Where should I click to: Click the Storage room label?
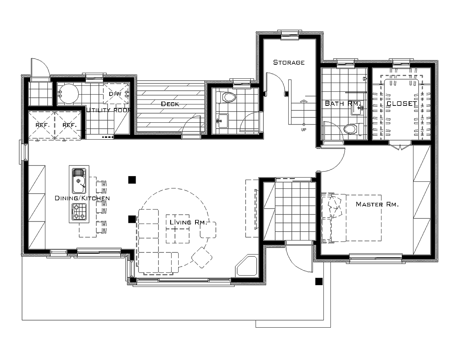tap(289, 62)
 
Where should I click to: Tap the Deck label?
tap(170, 104)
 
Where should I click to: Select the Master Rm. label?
tap(377, 204)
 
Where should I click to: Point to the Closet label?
tap(402, 103)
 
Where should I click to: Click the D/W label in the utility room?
tap(115, 94)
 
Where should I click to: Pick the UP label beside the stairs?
tap(304, 130)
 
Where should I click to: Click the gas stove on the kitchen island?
tap(79, 212)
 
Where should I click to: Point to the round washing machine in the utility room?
tap(68, 94)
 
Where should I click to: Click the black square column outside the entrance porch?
tap(319, 281)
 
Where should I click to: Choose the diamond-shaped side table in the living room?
tap(202, 257)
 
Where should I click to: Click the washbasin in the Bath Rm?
tap(357, 110)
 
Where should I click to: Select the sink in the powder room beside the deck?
tap(223, 121)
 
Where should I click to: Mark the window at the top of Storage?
tap(290, 34)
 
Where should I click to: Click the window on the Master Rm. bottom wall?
tap(376, 258)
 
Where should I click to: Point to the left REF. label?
tap(43, 125)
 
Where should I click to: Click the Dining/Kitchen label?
tap(82, 198)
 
